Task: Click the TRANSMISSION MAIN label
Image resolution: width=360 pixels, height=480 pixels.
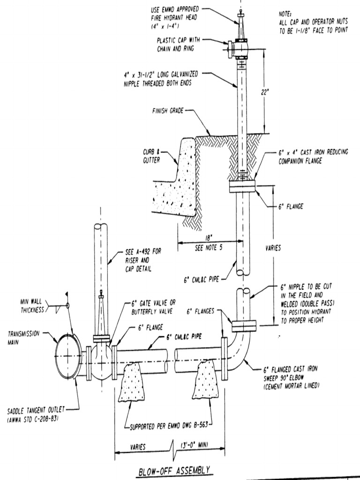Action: (23, 337)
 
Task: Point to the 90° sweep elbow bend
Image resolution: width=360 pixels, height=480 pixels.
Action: (240, 356)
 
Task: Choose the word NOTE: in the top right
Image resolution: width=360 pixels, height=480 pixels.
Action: (285, 14)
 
